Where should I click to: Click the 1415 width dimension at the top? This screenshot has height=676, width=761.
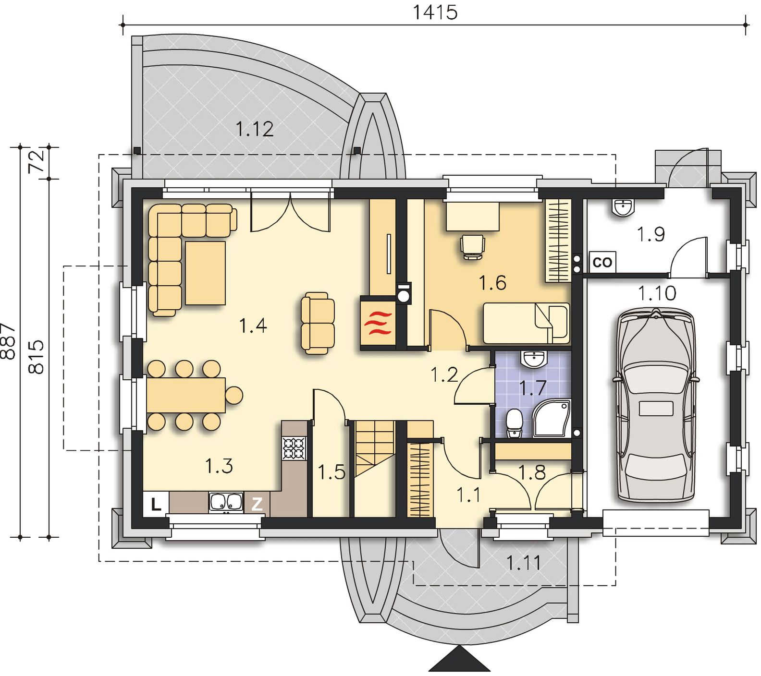(435, 12)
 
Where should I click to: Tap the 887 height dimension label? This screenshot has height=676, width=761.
(9, 341)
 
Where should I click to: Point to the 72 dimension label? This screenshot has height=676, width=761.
(37, 161)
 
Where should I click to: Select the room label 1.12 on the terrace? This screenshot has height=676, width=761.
(255, 129)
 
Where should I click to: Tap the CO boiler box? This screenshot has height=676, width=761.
(602, 262)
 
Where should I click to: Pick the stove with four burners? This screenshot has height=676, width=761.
(294, 447)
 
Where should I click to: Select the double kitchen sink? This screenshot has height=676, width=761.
(226, 502)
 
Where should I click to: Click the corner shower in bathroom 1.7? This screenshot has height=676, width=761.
(551, 418)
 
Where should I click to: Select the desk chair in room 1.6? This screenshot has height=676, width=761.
(472, 246)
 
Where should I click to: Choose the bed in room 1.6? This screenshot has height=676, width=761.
(526, 323)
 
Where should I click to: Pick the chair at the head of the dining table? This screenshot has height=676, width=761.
(234, 395)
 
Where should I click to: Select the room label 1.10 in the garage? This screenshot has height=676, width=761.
(657, 293)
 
